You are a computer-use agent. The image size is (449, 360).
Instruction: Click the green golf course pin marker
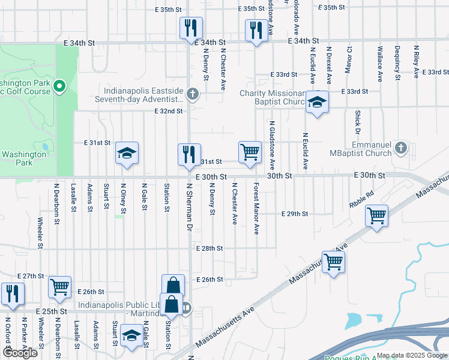(59, 88)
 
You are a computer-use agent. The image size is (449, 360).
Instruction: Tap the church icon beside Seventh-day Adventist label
(193, 94)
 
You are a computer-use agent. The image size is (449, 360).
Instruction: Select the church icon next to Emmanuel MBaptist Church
(402, 148)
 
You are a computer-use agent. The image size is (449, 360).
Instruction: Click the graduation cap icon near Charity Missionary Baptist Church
(317, 103)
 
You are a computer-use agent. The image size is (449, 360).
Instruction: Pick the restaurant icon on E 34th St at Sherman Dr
(191, 28)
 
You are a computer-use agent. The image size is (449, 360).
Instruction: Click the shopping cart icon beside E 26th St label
(60, 287)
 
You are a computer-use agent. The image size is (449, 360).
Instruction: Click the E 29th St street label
(295, 214)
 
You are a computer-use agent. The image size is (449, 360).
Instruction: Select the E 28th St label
(209, 248)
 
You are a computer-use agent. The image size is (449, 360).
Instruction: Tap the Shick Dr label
(357, 122)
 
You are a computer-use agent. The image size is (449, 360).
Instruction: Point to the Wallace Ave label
(380, 63)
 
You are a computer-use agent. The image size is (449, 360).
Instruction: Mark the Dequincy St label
(397, 63)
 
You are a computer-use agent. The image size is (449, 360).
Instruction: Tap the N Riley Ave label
(415, 63)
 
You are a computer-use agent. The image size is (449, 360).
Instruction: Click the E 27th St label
(31, 275)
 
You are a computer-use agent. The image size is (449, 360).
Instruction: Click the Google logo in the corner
(20, 353)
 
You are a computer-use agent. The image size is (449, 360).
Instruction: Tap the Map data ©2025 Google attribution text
(412, 355)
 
